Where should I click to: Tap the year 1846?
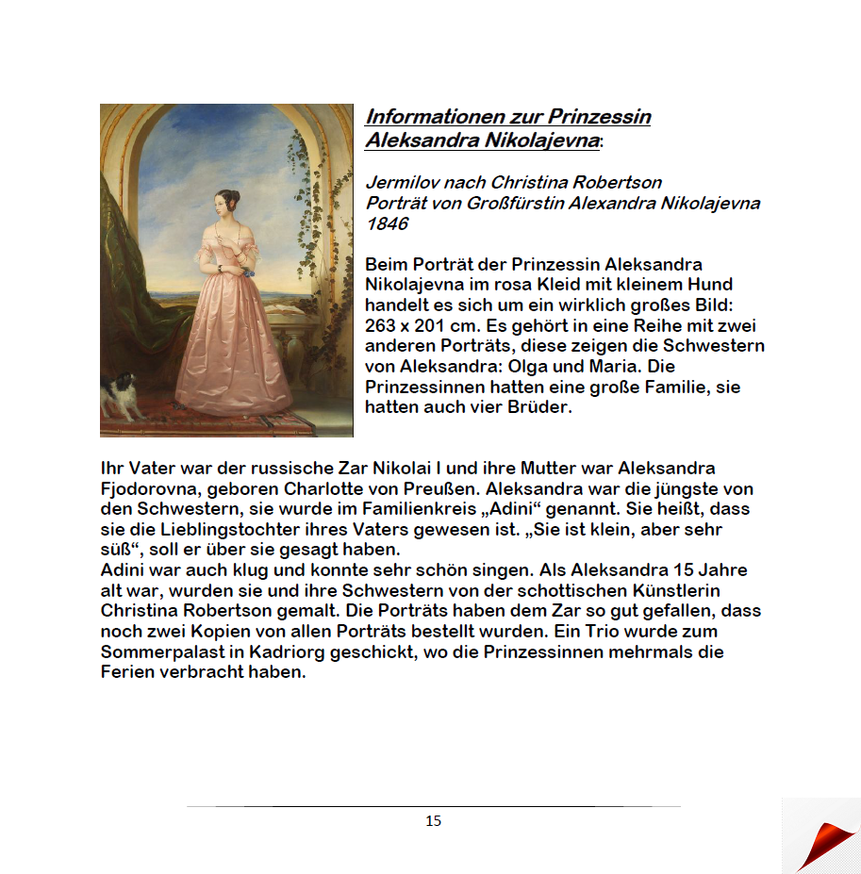(387, 223)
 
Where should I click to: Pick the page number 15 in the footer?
(433, 821)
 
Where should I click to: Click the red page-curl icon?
(824, 842)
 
